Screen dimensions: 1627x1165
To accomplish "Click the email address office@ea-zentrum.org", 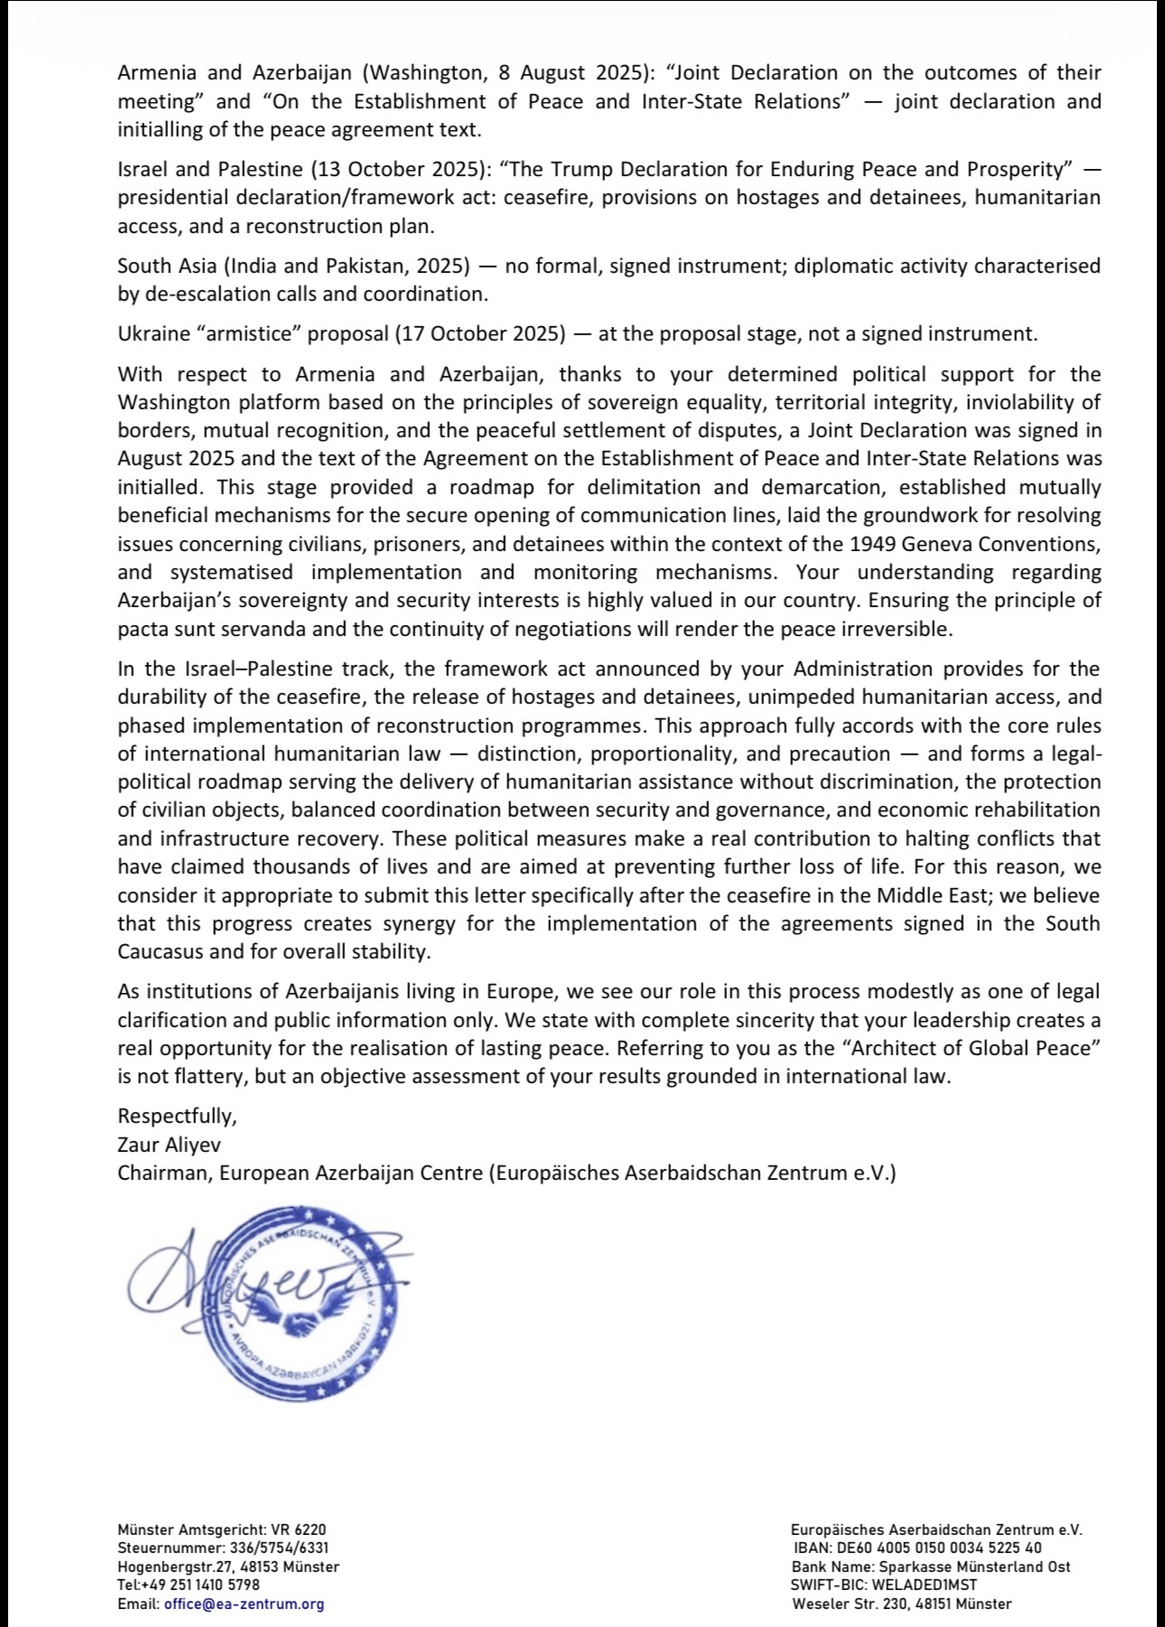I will click(244, 1604).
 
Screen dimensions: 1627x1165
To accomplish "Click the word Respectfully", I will click(177, 1116).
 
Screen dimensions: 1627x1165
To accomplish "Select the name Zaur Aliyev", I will click(169, 1145).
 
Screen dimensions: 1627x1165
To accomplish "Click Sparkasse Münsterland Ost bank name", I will click(971, 1566).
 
